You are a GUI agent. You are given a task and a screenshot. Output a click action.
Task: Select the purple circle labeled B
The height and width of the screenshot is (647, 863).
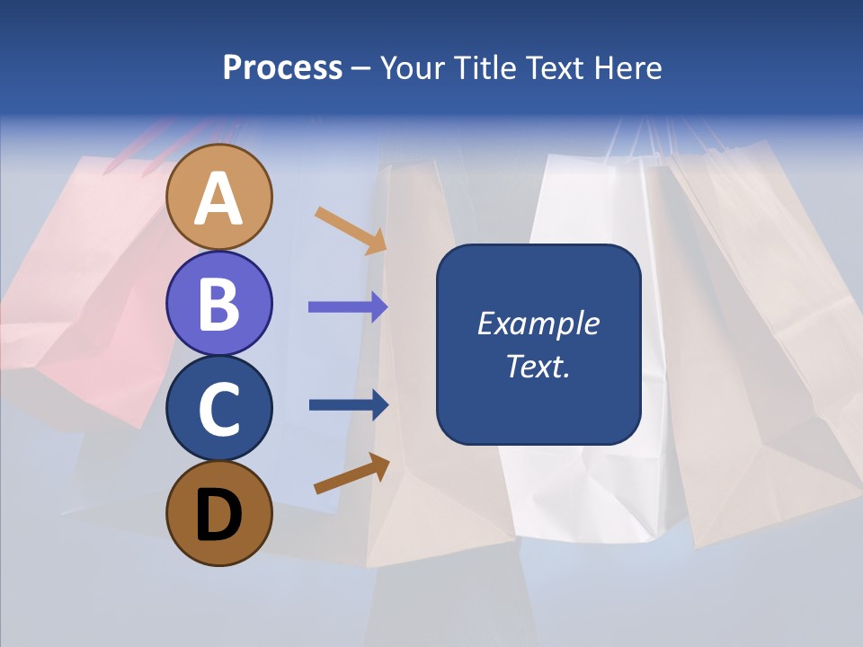(x=219, y=303)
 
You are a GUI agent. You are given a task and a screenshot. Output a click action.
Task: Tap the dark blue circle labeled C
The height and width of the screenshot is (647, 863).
(x=219, y=409)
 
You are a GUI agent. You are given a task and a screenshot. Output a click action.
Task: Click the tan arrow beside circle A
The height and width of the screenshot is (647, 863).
(x=351, y=230)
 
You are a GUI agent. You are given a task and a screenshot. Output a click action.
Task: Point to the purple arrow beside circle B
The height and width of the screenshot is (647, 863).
(x=348, y=307)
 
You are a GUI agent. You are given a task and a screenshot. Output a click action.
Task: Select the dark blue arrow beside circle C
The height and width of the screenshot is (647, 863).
(x=349, y=405)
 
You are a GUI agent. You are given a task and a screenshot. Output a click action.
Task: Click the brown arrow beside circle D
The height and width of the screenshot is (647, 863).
(x=351, y=473)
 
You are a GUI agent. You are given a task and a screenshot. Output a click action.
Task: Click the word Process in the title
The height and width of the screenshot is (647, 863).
(x=282, y=67)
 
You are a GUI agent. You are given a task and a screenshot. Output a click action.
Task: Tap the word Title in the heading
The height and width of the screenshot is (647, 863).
(x=482, y=67)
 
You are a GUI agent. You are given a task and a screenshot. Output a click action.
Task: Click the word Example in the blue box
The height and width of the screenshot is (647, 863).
(x=538, y=323)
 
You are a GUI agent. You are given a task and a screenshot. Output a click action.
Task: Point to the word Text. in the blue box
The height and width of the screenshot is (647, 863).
(x=538, y=366)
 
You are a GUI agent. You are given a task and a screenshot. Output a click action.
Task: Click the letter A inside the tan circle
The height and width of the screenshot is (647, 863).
(x=219, y=199)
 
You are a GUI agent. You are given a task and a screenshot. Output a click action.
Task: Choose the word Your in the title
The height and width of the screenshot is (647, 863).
(x=413, y=67)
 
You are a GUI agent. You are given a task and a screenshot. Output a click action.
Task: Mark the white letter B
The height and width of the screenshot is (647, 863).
(x=219, y=303)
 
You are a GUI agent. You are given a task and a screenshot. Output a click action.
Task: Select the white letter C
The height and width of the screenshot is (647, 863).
(x=219, y=409)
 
